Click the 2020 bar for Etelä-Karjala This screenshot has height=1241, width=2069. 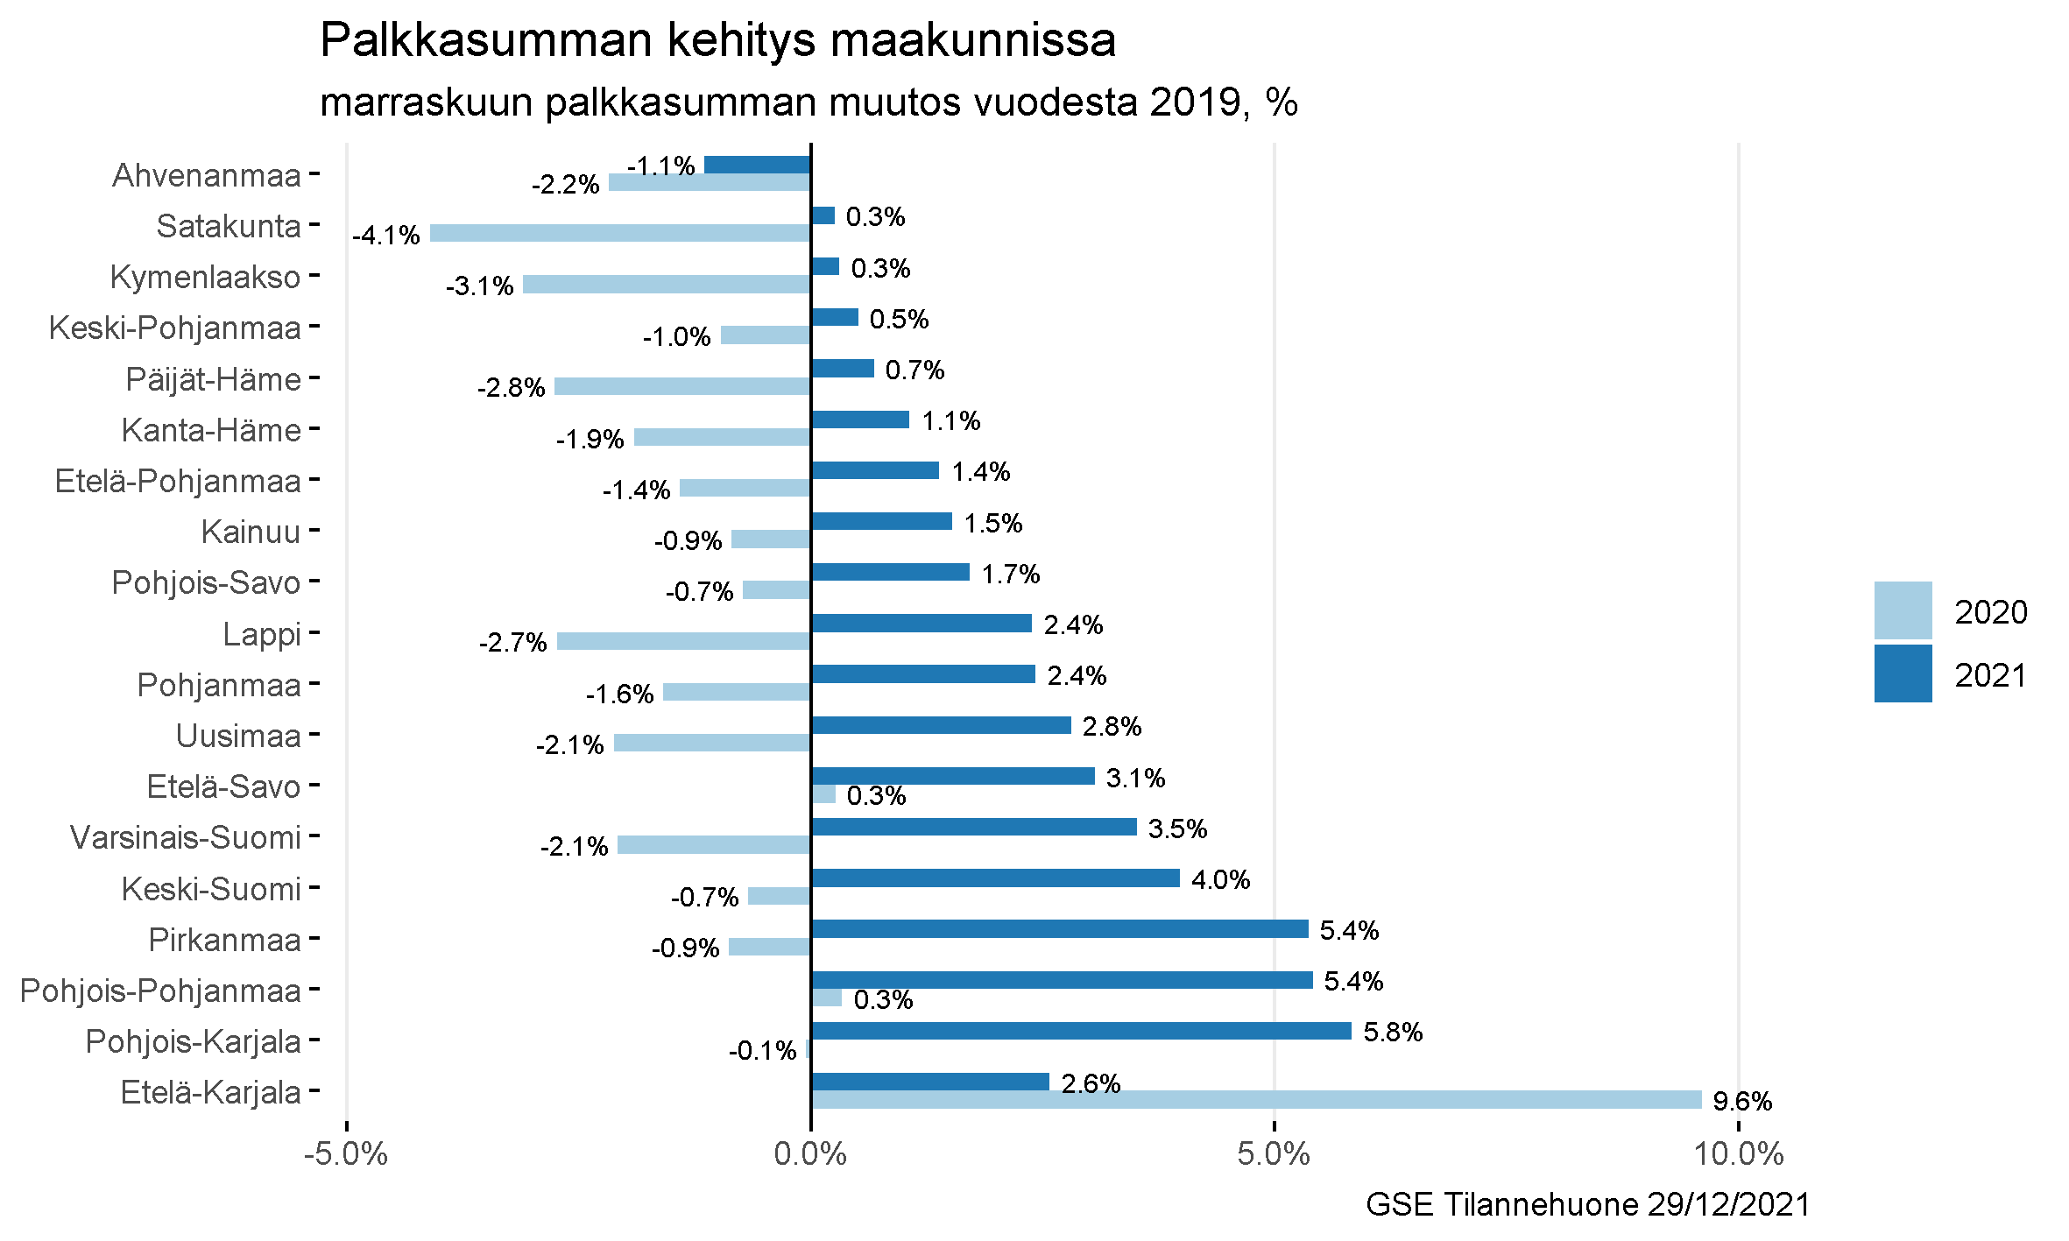coord(1256,1100)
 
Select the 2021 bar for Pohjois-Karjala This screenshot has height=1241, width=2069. coord(1081,1031)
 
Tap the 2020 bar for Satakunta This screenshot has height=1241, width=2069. coord(620,233)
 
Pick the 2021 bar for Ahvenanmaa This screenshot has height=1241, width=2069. coord(758,165)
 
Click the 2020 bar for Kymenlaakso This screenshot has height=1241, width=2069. coord(667,284)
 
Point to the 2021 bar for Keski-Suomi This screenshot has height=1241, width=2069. coord(995,878)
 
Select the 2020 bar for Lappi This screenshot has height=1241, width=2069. coord(683,641)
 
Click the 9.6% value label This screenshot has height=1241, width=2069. coord(1742,1102)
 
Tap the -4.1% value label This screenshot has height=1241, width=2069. coord(386,236)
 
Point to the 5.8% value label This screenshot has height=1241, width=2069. coord(1393,1033)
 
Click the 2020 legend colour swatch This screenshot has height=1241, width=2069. coord(1903,610)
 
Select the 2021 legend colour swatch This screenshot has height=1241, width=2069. coord(1903,673)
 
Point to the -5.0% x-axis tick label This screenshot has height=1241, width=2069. coord(346,1154)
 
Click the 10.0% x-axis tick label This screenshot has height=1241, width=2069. coord(1738,1154)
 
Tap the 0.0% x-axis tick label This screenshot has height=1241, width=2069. coord(810,1154)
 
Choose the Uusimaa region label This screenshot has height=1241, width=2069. coord(238,737)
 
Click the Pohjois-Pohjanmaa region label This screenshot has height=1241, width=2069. coord(160,991)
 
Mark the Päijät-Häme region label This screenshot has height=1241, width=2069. coord(213,380)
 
